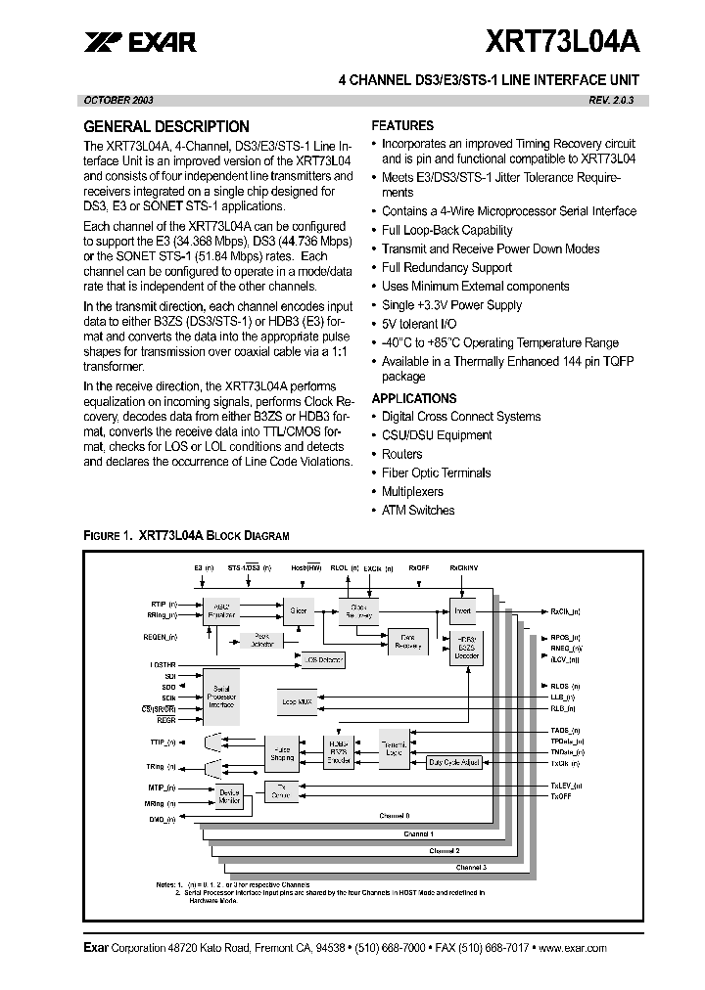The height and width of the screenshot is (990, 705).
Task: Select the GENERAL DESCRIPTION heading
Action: pos(166,126)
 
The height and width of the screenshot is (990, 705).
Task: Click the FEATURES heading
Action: pos(402,125)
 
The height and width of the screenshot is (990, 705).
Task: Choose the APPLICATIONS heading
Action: pos(414,398)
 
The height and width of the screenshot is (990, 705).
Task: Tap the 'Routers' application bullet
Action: pos(401,455)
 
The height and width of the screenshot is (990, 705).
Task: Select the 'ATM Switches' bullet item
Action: pos(418,511)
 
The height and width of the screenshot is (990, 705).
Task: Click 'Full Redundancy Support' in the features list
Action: pos(446,268)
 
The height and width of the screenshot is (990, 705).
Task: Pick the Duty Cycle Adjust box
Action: pos(454,761)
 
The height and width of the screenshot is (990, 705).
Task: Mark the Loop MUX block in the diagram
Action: pos(296,702)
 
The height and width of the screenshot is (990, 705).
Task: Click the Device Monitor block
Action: pos(229,796)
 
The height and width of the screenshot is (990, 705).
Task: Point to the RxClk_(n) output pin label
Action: pos(565,610)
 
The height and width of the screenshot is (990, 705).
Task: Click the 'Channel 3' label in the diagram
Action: pos(471,868)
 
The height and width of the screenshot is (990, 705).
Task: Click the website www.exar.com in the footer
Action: pos(572,948)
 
